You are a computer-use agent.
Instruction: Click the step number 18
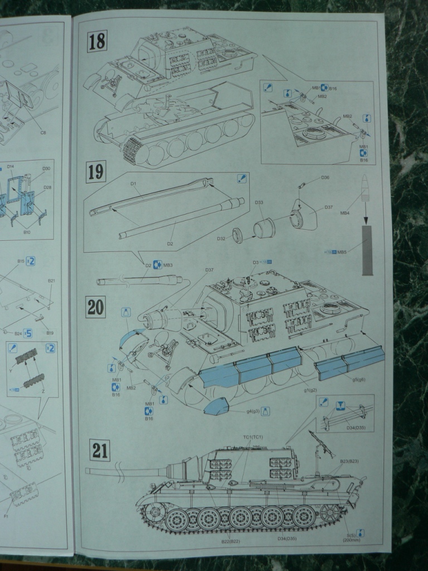pyautogui.click(x=97, y=41)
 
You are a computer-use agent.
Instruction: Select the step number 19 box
pyautogui.click(x=96, y=172)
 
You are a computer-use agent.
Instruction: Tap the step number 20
pyautogui.click(x=95, y=307)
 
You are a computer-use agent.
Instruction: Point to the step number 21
pyautogui.click(x=99, y=450)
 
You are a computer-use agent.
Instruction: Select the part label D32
pyautogui.click(x=221, y=239)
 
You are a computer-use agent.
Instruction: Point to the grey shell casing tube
pyautogui.click(x=367, y=250)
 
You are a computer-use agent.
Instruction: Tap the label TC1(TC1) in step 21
pyautogui.click(x=252, y=437)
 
